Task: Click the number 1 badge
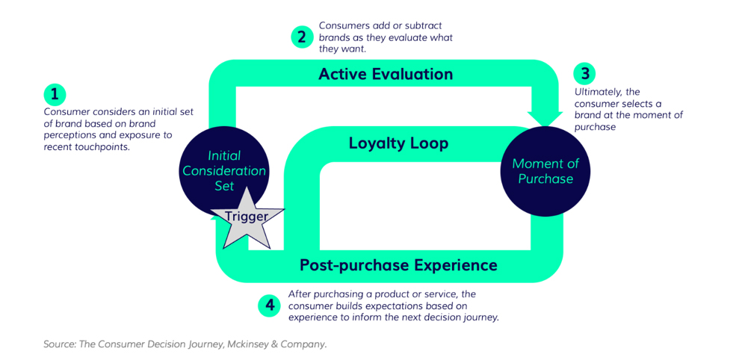pos(55,94)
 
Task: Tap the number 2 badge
pos(302,37)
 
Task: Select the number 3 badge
pos(584,73)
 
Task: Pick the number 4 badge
pos(269,305)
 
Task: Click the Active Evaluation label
pos(386,74)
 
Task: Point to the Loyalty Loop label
pos(398,143)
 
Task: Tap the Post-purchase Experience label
pos(398,264)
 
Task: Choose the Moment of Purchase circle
pos(545,171)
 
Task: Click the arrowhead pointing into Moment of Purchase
pos(545,118)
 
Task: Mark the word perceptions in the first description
pos(69,135)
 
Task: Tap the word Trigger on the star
pos(247,217)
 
